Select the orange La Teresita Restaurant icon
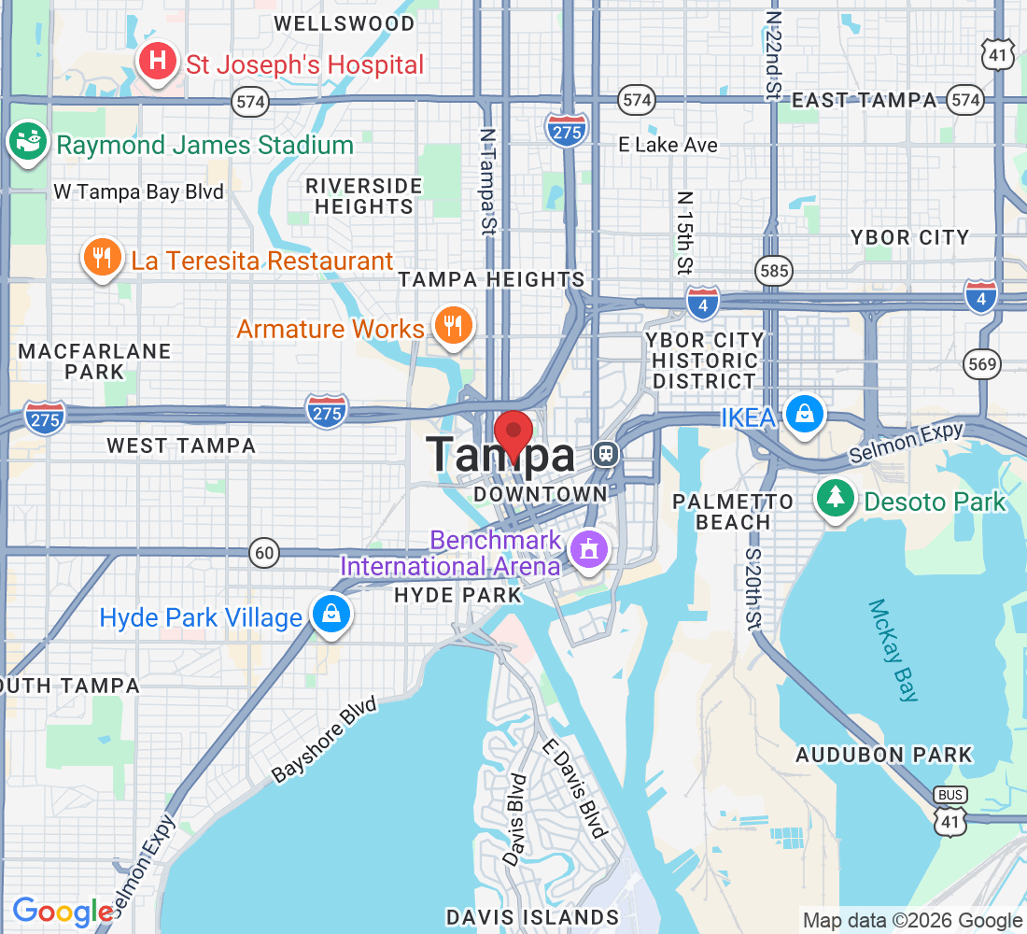click(x=103, y=257)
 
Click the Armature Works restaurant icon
click(x=453, y=326)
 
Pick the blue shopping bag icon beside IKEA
click(x=804, y=413)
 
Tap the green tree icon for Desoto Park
click(x=836, y=499)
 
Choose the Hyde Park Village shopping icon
click(x=331, y=614)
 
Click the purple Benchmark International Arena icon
click(x=590, y=548)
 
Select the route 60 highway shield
click(x=265, y=553)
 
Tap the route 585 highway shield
click(x=775, y=272)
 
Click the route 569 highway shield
click(x=983, y=363)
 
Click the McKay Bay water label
click(x=894, y=650)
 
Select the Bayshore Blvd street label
click(x=323, y=740)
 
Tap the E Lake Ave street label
click(x=668, y=145)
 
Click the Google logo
click(x=62, y=912)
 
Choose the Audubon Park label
click(x=883, y=755)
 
